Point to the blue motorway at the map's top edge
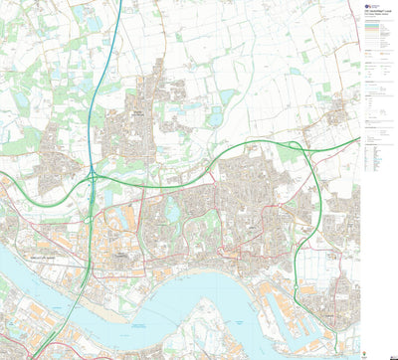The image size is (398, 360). (x=119, y=4)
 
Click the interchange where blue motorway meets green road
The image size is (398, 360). (x=91, y=176)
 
